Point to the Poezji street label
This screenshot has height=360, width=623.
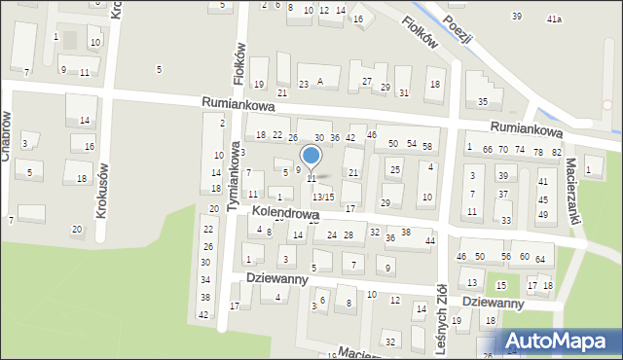pos(458,29)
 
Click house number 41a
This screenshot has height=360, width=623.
pos(554,18)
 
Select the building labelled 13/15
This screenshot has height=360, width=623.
pos(323,198)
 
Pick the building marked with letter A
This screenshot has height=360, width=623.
pos(320,82)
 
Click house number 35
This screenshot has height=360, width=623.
pos(482,102)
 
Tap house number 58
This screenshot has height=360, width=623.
pos(426,146)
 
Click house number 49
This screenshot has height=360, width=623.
pos(543,214)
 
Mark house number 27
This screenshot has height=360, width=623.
pos(367,81)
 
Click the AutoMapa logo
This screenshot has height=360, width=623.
pos(561,341)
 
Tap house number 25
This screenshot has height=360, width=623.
pos(394,171)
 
